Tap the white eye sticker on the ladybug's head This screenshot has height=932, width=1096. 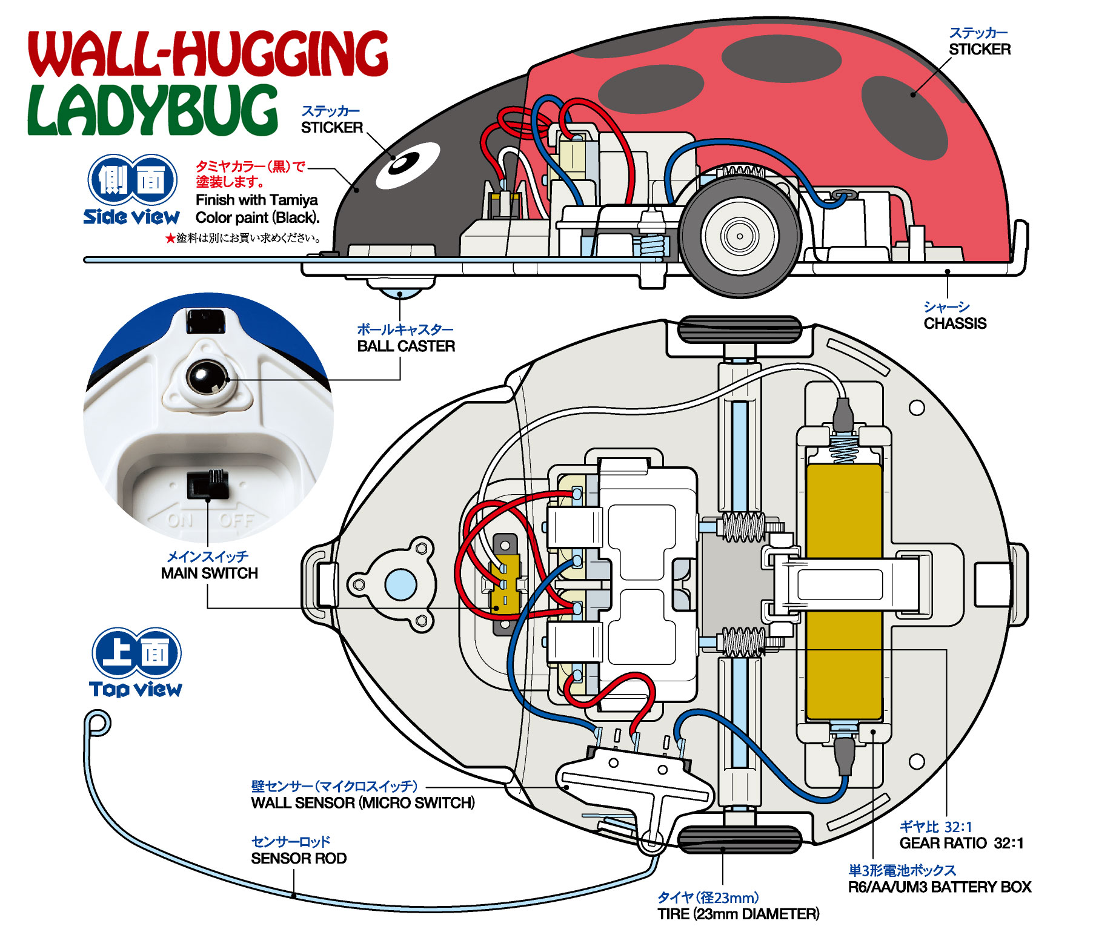pyautogui.click(x=407, y=164)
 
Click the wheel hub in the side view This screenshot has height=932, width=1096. pyautogui.click(x=739, y=236)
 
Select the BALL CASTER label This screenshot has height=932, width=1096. pyautogui.click(x=405, y=346)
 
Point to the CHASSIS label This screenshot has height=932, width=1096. pyautogui.click(x=955, y=323)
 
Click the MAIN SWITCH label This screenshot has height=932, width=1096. pyautogui.click(x=209, y=573)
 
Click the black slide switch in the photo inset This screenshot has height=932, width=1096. pyautogui.click(x=208, y=484)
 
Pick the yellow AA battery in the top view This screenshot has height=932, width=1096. pyautogui.click(x=843, y=590)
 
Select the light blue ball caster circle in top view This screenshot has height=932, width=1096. pyautogui.click(x=400, y=584)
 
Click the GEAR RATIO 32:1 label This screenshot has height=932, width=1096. pyautogui.click(x=961, y=843)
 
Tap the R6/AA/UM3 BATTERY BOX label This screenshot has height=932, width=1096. pyautogui.click(x=939, y=887)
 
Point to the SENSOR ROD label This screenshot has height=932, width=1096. pyautogui.click(x=299, y=858)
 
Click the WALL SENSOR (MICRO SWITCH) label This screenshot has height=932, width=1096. pyautogui.click(x=362, y=803)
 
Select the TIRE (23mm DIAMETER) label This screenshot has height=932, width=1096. pyautogui.click(x=738, y=914)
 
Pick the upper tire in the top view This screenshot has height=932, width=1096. pyautogui.click(x=739, y=329)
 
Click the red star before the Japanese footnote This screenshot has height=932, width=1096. pyautogui.click(x=170, y=239)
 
